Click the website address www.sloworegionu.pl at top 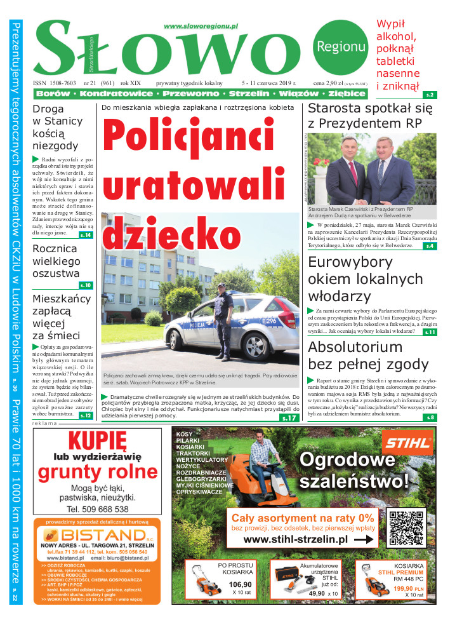[201, 26]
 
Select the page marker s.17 [289, 418]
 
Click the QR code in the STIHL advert [406, 529]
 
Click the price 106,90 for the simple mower [239, 584]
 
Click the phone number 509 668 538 [98, 509]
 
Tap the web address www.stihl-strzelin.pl [295, 539]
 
